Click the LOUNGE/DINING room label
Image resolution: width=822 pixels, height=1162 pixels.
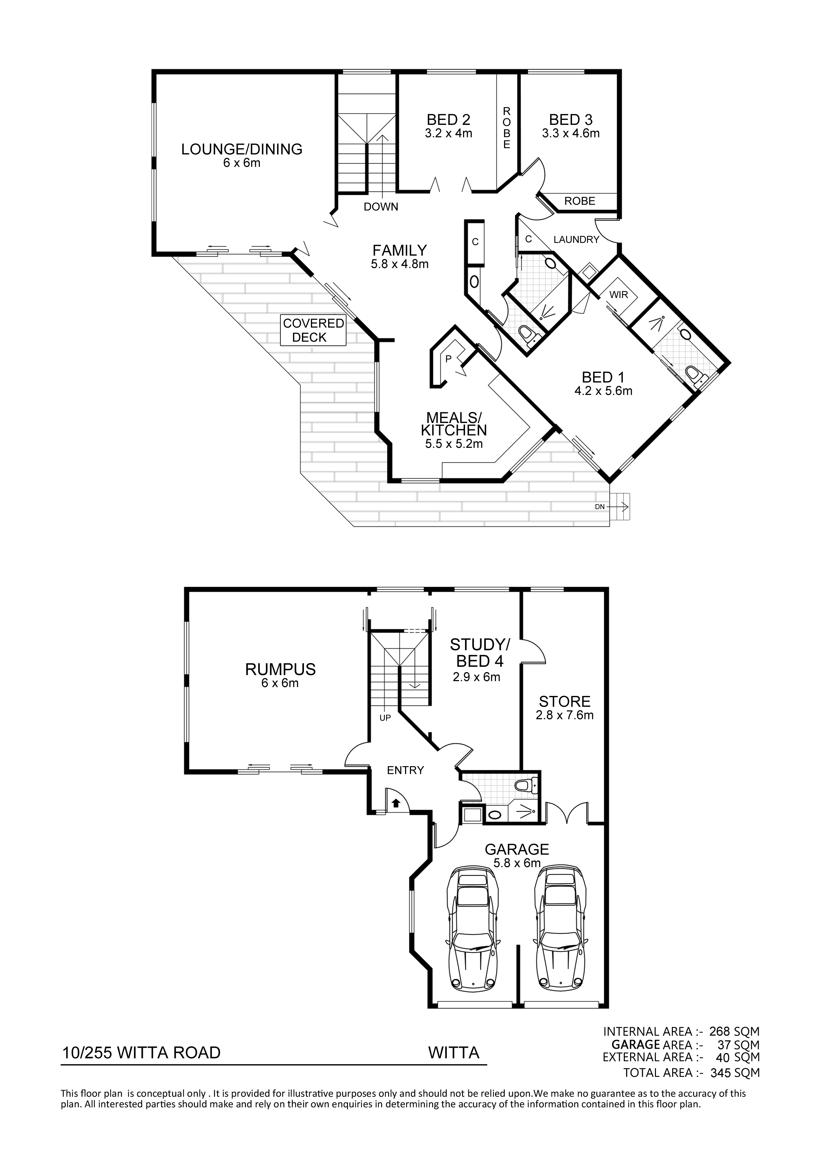[242, 149]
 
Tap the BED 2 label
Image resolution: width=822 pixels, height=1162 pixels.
[449, 120]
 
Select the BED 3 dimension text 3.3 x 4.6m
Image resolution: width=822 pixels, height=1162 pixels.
[571, 133]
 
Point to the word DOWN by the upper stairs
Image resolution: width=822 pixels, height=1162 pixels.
[381, 206]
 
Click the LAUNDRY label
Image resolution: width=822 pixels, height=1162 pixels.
[576, 239]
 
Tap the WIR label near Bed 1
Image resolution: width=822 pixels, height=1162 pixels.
[619, 294]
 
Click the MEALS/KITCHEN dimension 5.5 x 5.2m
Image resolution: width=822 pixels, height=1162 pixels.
[454, 444]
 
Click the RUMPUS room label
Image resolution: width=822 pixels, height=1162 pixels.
[281, 669]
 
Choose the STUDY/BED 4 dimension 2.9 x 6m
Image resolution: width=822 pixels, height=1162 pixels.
[476, 677]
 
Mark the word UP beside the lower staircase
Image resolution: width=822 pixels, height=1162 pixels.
[385, 718]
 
